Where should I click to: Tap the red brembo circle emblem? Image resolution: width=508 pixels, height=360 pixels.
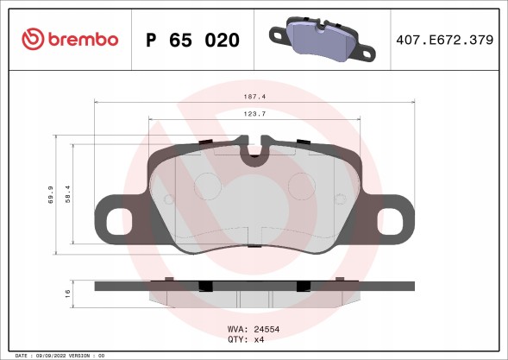(32, 39)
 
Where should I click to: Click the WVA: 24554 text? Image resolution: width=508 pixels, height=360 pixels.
(254, 330)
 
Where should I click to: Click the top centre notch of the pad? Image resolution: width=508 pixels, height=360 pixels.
(254, 154)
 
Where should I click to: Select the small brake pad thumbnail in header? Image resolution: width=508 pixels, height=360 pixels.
(320, 39)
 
